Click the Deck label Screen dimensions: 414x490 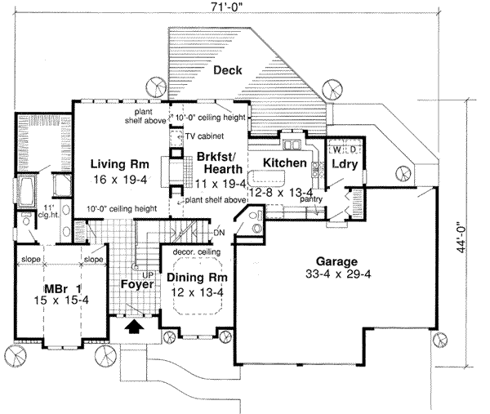[x=225, y=70]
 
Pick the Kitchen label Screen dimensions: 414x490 [x=285, y=164]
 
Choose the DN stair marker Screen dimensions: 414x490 [x=219, y=231]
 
